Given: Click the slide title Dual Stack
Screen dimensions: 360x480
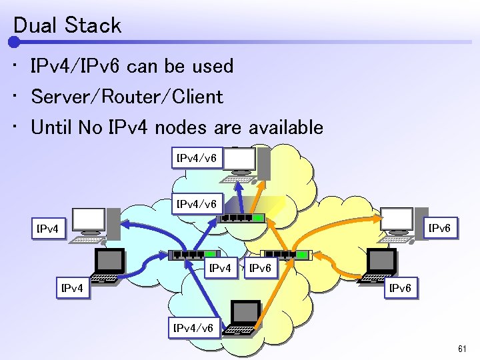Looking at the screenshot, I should tap(67, 25).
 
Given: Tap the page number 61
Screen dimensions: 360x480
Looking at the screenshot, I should tap(463, 349).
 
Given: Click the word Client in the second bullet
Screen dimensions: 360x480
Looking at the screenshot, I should tap(195, 97).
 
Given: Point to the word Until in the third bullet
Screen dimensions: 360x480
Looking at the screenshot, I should tap(52, 127).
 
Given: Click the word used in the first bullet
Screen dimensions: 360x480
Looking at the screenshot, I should tap(213, 66).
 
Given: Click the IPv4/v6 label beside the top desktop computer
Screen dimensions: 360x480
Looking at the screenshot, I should tap(195, 159).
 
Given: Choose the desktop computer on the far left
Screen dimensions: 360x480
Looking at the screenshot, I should tap(93, 225).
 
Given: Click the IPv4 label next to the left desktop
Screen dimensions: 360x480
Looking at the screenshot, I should tap(49, 229).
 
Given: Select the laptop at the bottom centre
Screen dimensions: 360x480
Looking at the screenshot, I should tap(244, 318).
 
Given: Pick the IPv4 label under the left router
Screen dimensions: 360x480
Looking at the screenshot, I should tap(221, 269).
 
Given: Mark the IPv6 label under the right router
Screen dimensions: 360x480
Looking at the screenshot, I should tap(260, 269).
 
